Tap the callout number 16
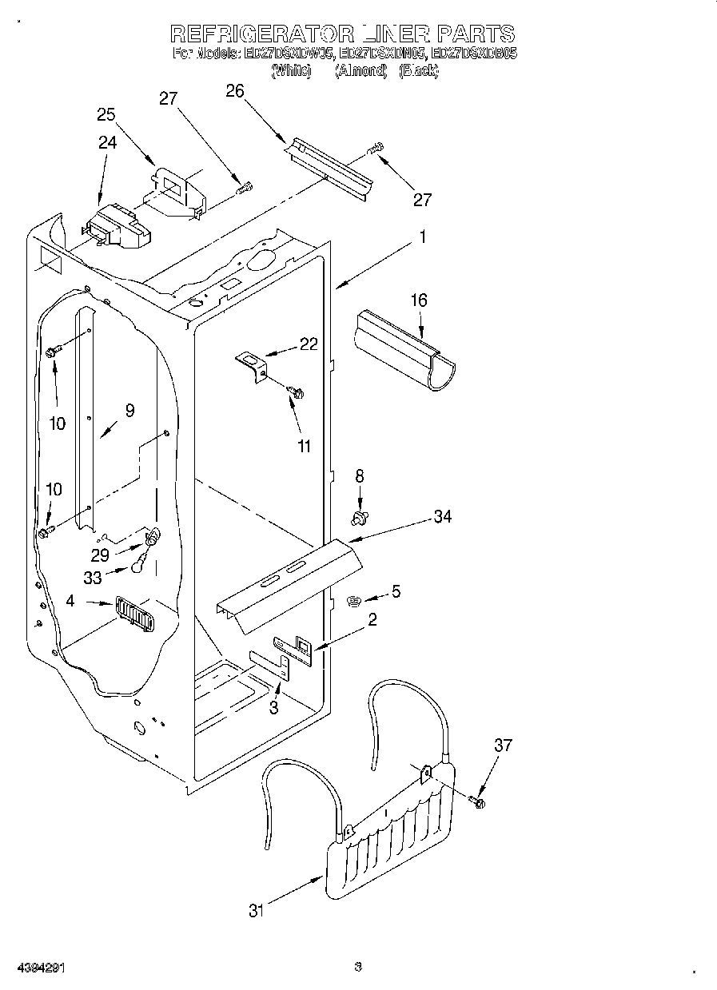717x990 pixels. coord(418,300)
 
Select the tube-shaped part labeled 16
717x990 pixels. coord(404,350)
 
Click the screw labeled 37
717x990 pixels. coord(478,800)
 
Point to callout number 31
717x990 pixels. coord(255,910)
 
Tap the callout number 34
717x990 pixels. coord(442,517)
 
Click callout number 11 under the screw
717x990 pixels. coord(304,447)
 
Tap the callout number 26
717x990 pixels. coord(234,91)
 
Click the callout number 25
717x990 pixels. coord(106,114)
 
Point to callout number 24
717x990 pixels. coord(107,142)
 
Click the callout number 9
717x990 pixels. coord(129,411)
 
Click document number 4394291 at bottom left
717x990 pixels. coord(41,968)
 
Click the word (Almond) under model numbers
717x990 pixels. coord(360,71)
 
